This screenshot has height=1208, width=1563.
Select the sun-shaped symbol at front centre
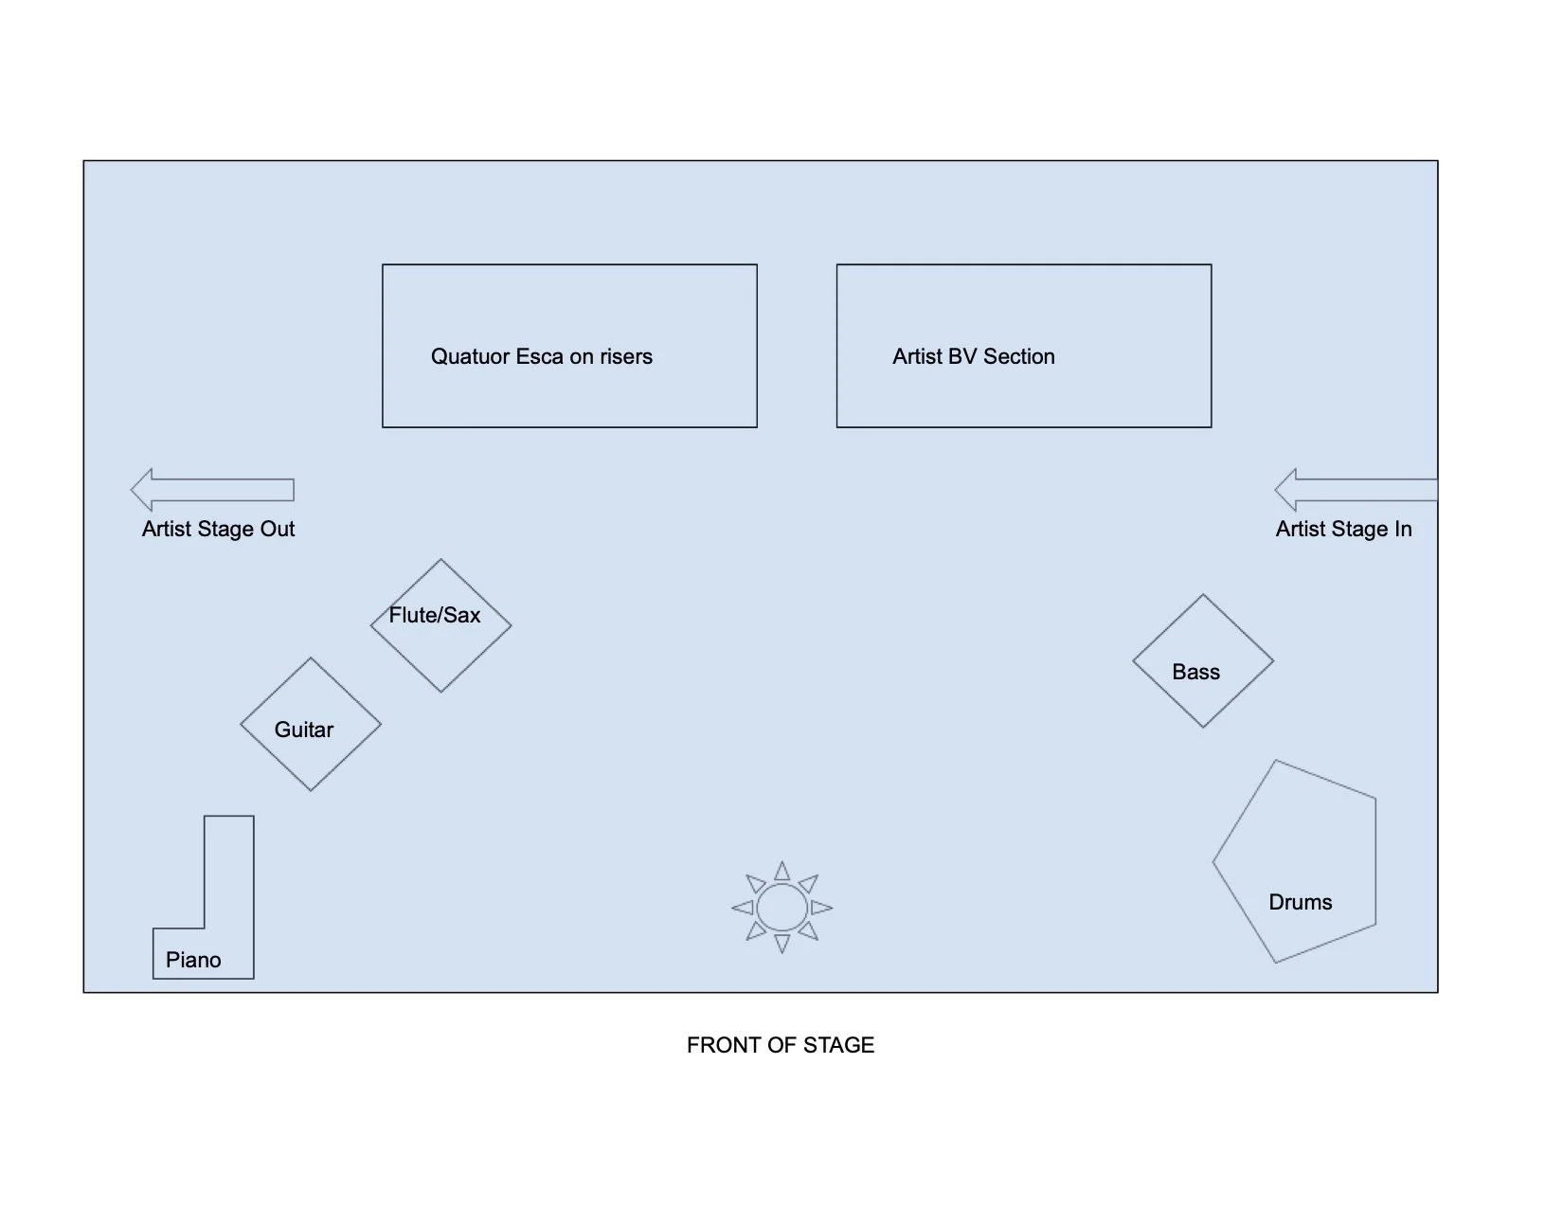point(782,908)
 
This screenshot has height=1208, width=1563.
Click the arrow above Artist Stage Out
point(212,490)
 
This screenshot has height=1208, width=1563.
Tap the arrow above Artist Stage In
point(1356,490)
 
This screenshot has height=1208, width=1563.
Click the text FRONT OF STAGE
point(781,1045)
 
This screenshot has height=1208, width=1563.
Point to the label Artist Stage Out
point(218,529)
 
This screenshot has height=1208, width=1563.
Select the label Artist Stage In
point(1343,529)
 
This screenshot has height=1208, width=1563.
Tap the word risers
point(626,357)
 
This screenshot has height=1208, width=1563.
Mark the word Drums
point(1300,902)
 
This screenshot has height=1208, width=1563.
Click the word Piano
point(193,960)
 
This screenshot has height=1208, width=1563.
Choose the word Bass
point(1195,672)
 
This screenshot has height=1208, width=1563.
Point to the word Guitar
point(304,730)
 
